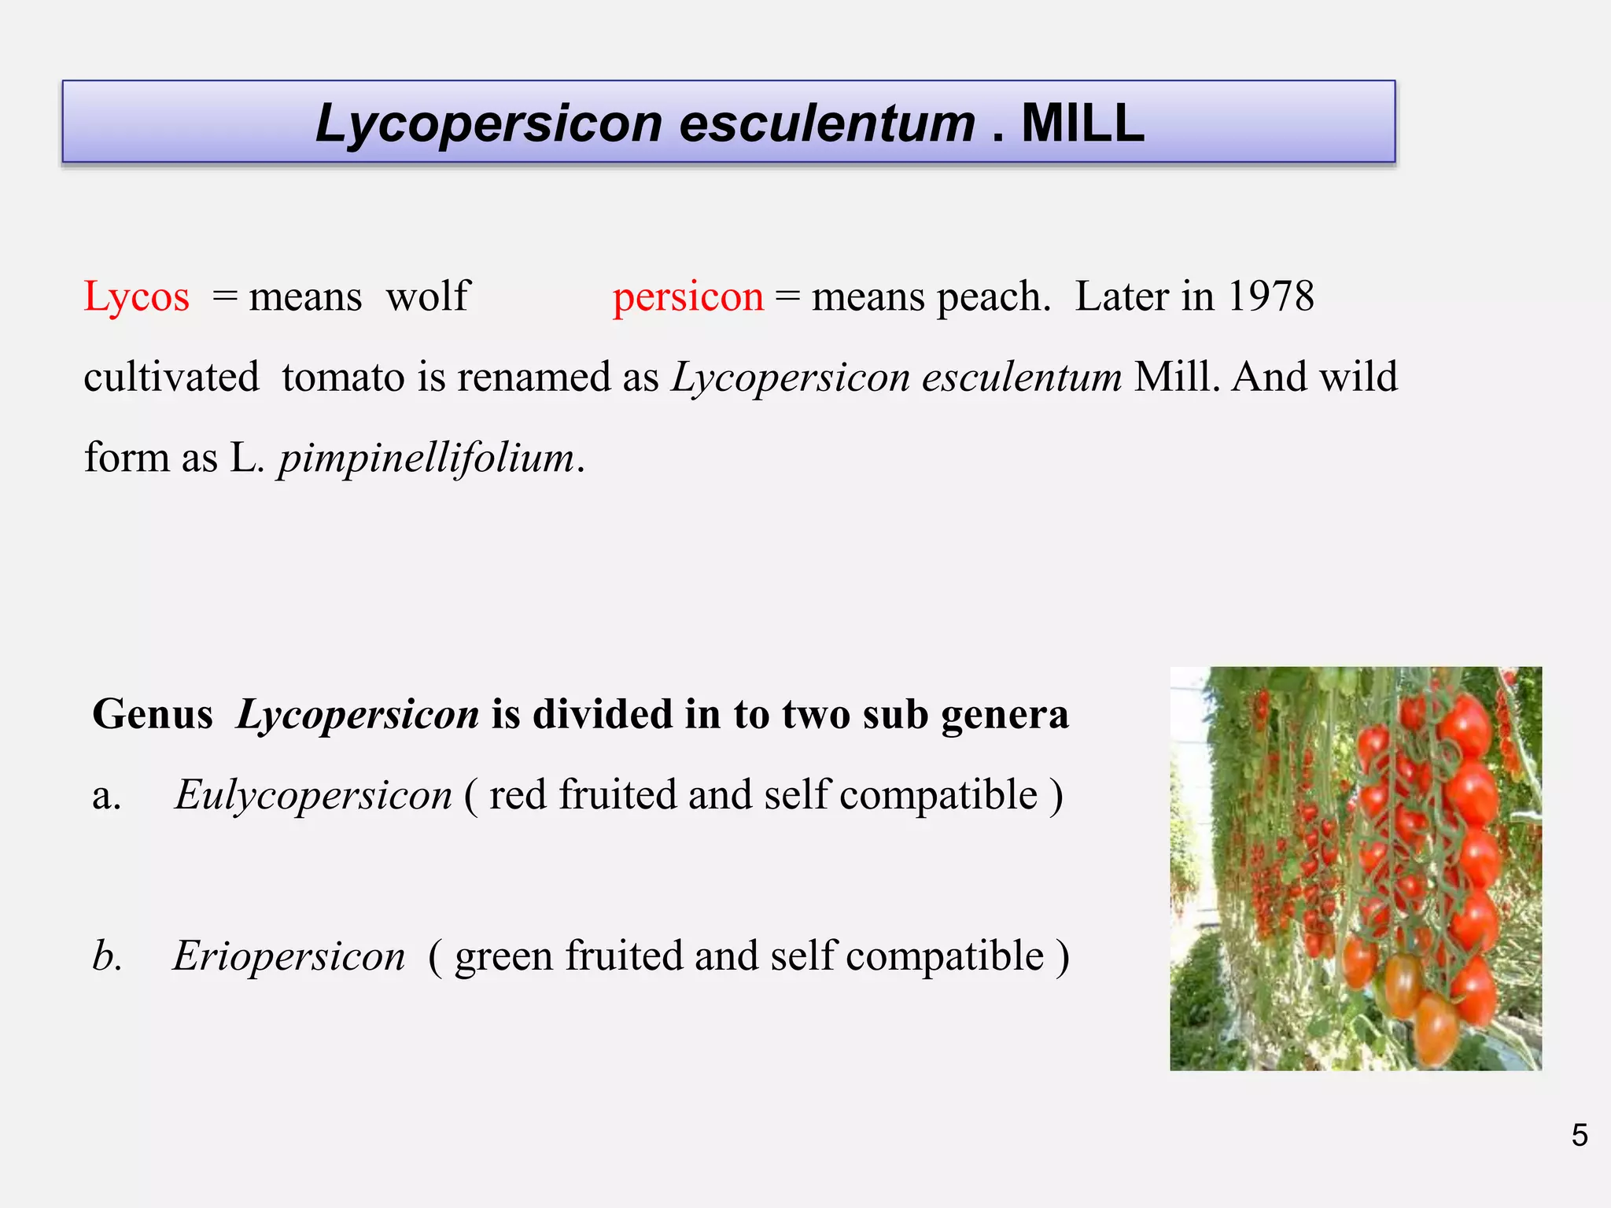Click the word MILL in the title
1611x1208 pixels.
point(1082,123)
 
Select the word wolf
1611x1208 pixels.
point(428,296)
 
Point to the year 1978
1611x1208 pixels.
point(1271,297)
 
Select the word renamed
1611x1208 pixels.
point(535,377)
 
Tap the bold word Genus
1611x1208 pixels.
point(153,715)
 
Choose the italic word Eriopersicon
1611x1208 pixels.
point(289,957)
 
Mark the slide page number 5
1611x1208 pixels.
point(1580,1135)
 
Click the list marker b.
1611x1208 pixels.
point(107,956)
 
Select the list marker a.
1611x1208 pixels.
point(106,797)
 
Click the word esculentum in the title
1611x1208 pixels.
point(828,123)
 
